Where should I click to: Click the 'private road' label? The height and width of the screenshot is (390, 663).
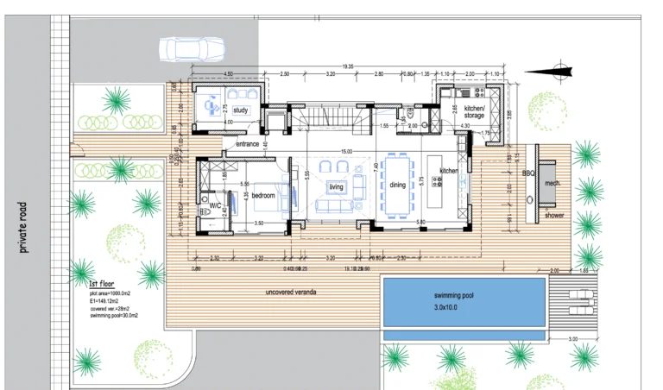pos(25,227)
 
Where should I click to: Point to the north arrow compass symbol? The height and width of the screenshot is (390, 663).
pos(557,72)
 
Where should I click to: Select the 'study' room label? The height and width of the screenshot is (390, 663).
pos(241,110)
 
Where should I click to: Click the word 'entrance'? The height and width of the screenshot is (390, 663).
pos(248,143)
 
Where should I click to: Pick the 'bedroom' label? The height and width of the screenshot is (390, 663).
pos(262,196)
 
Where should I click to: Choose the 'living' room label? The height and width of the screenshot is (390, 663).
pos(336,186)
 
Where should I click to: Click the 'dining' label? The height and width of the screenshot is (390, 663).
pos(397,185)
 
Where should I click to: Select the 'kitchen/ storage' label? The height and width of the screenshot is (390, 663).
pos(474,111)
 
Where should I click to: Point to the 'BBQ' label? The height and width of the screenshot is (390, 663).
pos(528,173)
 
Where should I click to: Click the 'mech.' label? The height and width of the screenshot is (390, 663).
pos(553,183)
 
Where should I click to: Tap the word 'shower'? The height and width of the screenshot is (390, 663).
pos(553,215)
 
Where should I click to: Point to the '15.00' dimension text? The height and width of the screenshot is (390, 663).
pos(345,153)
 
